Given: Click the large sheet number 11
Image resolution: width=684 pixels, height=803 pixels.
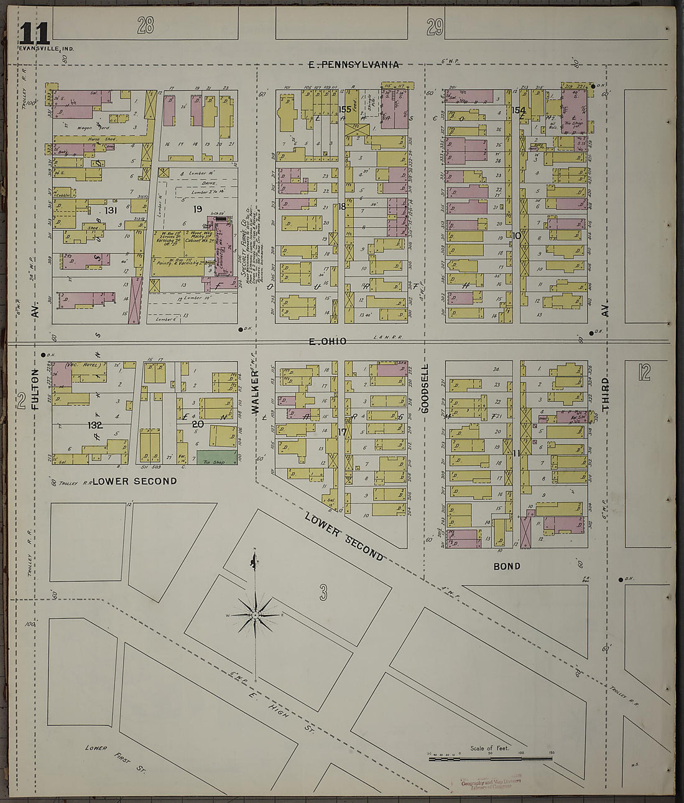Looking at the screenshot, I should [34, 32].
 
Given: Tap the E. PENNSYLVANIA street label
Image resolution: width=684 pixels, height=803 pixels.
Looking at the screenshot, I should [354, 64].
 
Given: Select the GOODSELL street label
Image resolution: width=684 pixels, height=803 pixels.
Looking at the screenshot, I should [426, 389].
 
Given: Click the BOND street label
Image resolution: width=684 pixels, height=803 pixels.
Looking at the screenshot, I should [507, 566].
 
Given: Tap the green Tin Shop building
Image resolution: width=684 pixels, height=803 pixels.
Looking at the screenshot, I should [217, 458].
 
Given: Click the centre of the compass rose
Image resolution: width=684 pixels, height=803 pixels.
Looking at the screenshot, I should [255, 615].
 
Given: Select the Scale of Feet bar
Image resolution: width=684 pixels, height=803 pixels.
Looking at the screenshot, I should [490, 758].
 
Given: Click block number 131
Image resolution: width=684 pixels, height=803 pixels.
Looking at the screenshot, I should [111, 210].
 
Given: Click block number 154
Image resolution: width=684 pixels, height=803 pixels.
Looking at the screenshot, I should [519, 110].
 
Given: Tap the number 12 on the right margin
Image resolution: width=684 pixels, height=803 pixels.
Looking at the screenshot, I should [644, 372].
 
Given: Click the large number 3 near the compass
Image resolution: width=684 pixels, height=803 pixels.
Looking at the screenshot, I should [323, 593].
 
